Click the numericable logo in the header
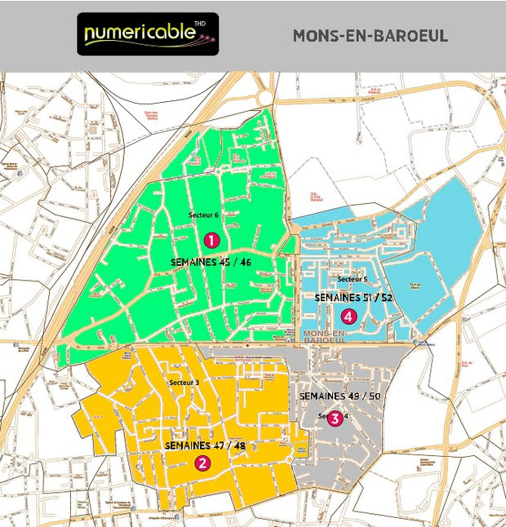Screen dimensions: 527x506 click(148, 34)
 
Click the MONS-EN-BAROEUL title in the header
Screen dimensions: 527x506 click(370, 37)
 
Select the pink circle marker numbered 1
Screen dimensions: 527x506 click(211, 240)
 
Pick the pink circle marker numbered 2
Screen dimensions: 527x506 click(202, 463)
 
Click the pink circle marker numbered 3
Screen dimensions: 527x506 click(334, 418)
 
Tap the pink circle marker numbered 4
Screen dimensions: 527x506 click(348, 315)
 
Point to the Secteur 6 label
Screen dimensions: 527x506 click(204, 215)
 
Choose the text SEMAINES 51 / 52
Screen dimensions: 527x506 click(353, 298)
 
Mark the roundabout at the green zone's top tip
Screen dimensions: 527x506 click(266, 97)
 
